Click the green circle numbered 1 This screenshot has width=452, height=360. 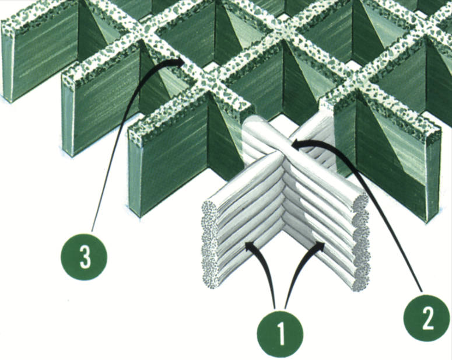pos(280,334)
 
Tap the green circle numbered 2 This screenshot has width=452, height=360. pos(427,317)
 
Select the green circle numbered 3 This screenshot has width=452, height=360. pos(84,256)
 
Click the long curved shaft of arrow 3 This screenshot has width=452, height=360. pos(115,127)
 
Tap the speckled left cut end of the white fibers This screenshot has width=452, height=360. pos(209,245)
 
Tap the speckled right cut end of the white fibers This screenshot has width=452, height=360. pos(360,242)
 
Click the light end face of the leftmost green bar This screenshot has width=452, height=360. pos(8,62)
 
